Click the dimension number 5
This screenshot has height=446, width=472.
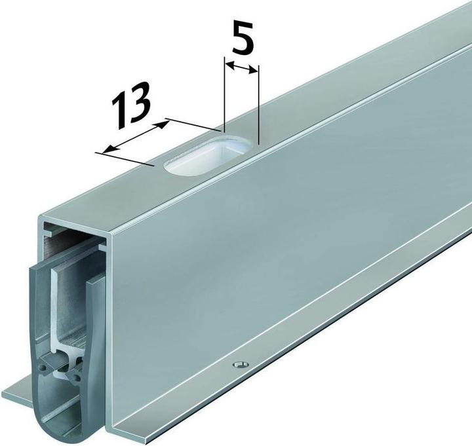[243, 37]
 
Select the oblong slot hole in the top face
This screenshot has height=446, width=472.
[208, 155]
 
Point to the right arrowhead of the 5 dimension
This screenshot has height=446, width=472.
[253, 70]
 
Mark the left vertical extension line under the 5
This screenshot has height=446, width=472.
[224, 94]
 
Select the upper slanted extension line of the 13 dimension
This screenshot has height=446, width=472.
[192, 125]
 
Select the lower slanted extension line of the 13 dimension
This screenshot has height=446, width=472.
[125, 159]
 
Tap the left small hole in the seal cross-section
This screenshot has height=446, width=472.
[45, 367]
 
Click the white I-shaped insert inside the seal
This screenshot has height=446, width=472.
[64, 319]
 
